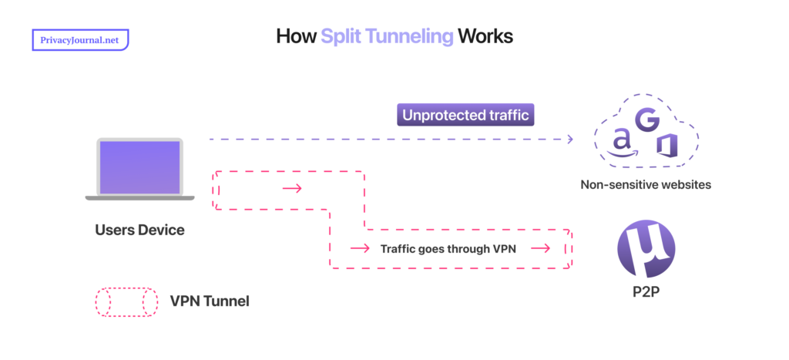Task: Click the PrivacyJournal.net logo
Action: pos(80,39)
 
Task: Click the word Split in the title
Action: pos(344,36)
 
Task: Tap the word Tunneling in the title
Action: pos(412,36)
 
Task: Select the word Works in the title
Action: pos(485,36)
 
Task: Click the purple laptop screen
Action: pos(139,167)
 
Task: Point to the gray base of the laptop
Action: pos(139,198)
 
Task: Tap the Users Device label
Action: pos(139,230)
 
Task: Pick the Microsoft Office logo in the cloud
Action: pos(666,146)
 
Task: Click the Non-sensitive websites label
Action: pos(645,185)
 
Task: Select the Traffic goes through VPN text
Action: pos(448,249)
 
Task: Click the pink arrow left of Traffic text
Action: pos(360,249)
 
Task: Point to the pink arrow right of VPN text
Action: pos(539,249)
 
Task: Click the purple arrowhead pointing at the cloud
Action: pos(570,140)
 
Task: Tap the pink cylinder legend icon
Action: pos(122,302)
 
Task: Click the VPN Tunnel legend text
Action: pos(210,302)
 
